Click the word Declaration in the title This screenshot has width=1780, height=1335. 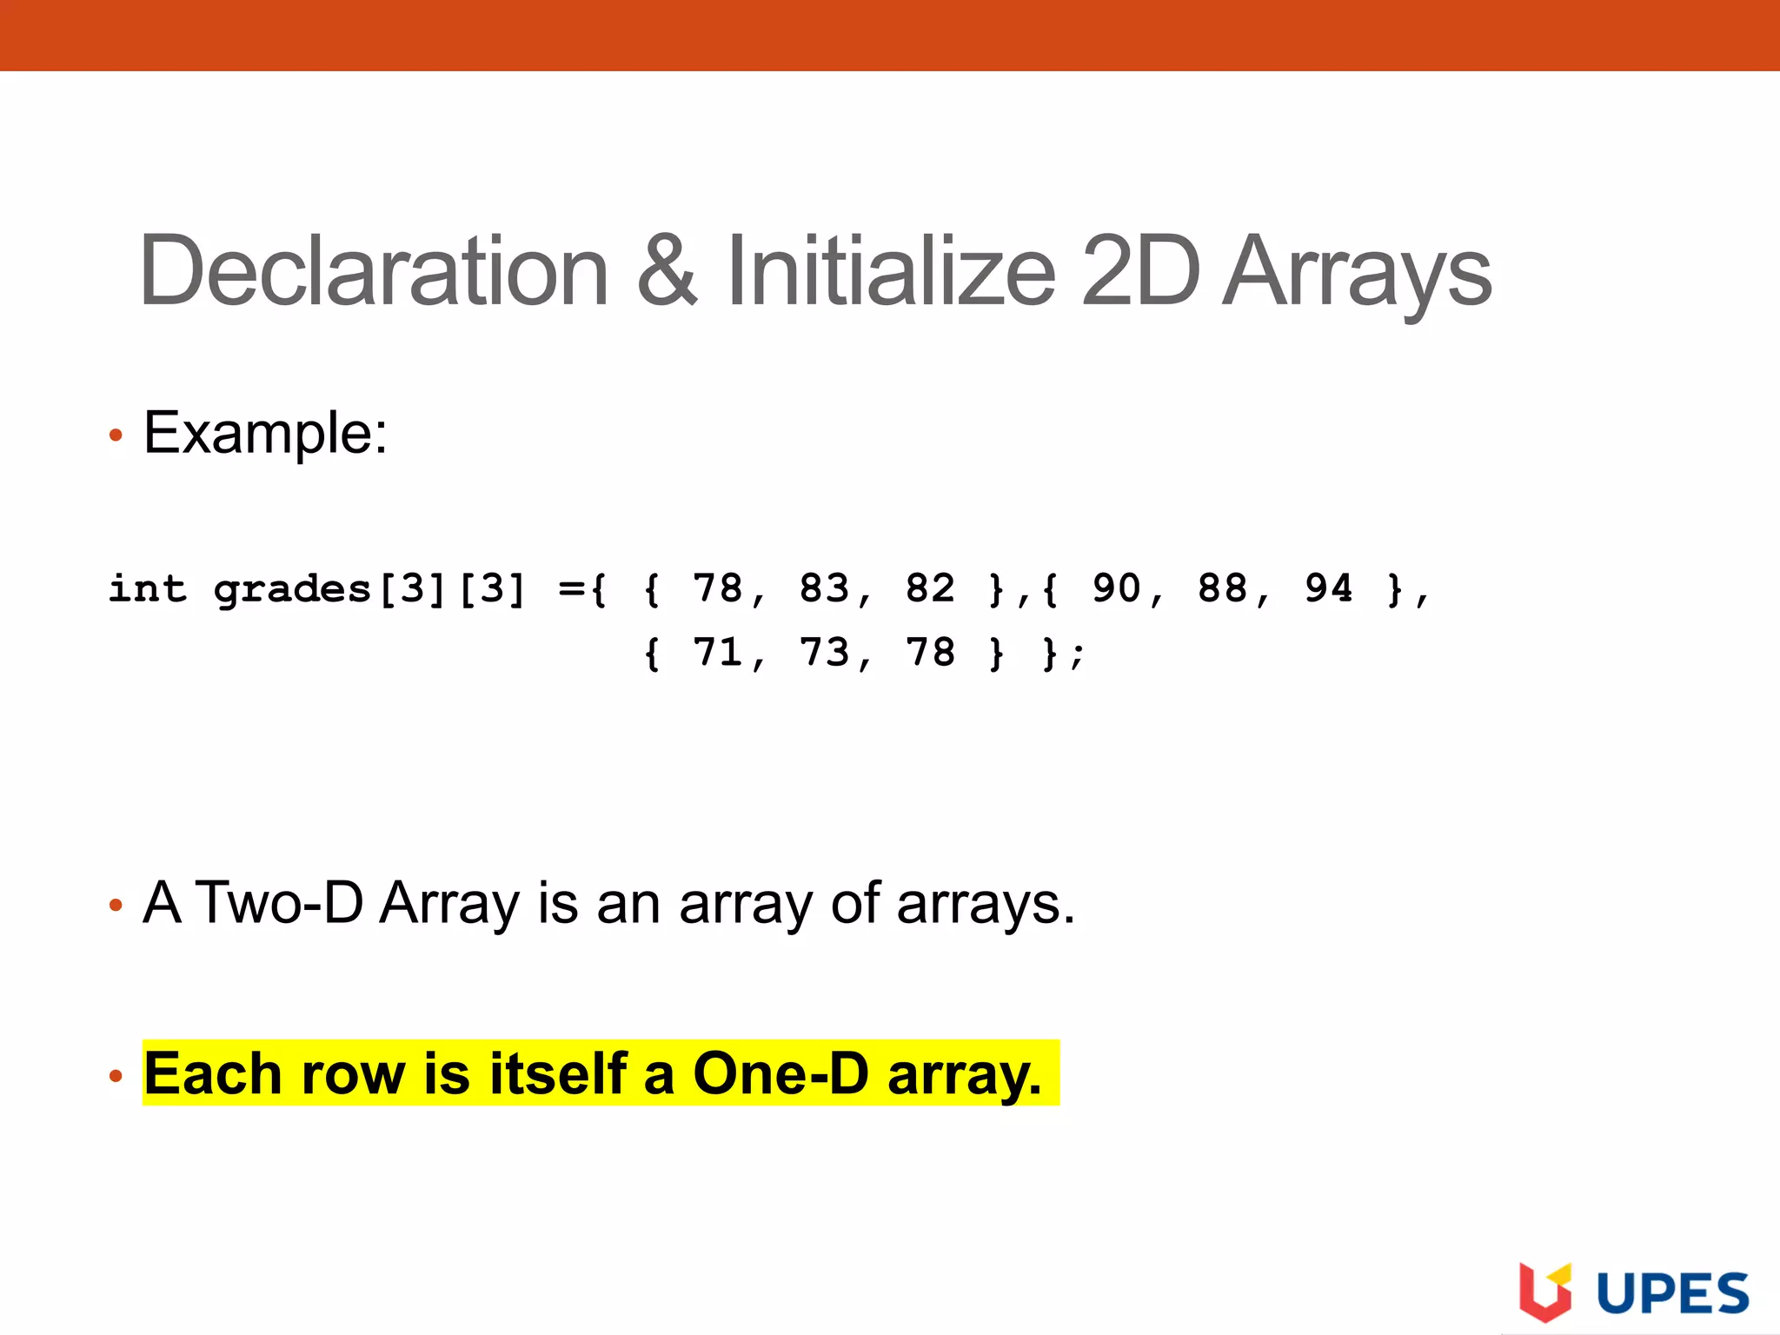coord(374,271)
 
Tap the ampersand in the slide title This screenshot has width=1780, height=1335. coord(667,271)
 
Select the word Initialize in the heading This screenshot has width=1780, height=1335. coord(891,271)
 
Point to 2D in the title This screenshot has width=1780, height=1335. coord(1141,271)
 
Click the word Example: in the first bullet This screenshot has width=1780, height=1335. coord(265,433)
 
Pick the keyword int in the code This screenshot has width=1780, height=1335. coord(147,589)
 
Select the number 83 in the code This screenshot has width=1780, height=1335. coord(824,589)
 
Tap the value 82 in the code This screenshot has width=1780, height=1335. coord(930,589)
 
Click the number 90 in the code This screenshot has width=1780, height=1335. coord(1116,589)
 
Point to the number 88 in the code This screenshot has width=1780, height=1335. coord(1222,589)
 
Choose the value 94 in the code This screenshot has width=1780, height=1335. coord(1328,589)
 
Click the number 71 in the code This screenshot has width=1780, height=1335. coord(717,653)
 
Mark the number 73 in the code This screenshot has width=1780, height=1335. coord(824,653)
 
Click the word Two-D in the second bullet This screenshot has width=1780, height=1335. coord(280,903)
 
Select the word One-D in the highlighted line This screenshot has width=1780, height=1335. coord(780,1073)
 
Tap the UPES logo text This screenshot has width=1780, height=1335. coord(1672,1294)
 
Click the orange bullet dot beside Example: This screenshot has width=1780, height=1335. coord(116,435)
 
